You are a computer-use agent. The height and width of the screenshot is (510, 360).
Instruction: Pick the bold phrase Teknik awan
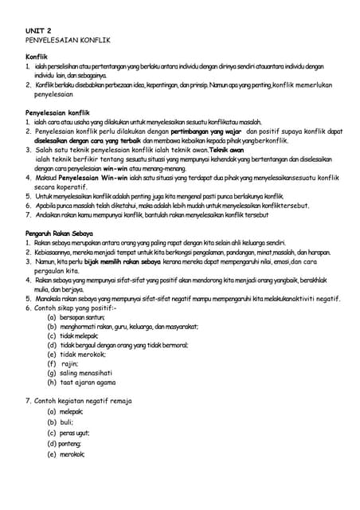227,149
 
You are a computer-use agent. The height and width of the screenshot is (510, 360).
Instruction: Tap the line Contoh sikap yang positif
76,307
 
